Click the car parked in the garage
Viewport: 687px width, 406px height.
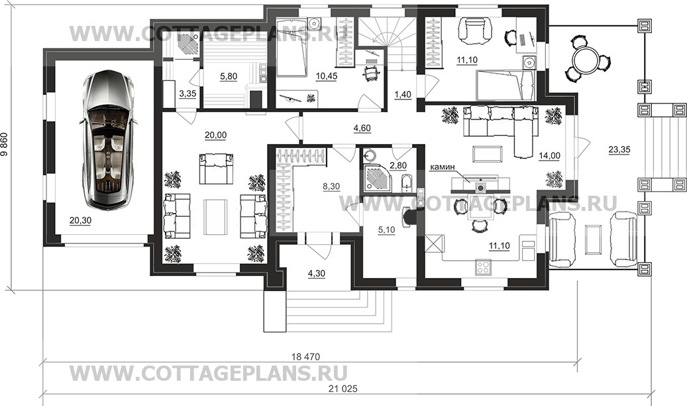point(105,139)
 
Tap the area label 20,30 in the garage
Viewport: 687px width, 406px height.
point(80,221)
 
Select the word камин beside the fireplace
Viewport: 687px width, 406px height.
point(443,167)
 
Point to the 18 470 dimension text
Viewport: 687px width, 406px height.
point(306,356)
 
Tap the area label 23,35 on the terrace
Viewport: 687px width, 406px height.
point(619,150)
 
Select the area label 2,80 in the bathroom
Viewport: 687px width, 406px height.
point(398,165)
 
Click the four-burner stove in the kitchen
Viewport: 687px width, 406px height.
point(483,267)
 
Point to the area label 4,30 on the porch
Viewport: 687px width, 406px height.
point(317,273)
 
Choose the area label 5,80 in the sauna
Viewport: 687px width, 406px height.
point(229,76)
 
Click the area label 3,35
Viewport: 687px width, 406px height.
point(187,94)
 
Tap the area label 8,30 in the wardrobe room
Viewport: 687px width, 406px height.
point(331,186)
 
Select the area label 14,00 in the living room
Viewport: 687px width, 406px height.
point(549,155)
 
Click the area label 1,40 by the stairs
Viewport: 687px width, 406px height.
point(403,94)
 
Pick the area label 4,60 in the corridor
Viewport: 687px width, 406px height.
point(362,128)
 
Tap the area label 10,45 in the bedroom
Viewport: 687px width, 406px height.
point(327,76)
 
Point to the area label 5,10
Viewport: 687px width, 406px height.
point(386,230)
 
